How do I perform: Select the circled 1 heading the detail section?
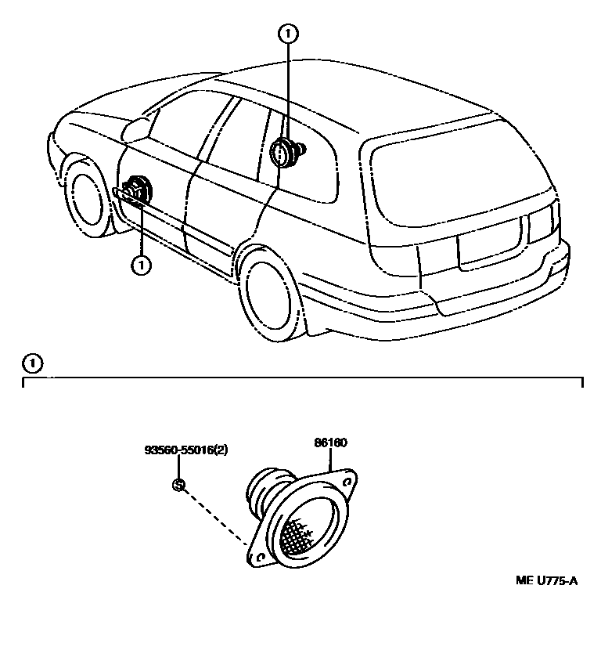pyautogui.click(x=31, y=363)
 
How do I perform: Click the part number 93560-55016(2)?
pyautogui.click(x=186, y=451)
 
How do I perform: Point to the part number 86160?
pyautogui.click(x=330, y=443)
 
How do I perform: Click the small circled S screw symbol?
pyautogui.click(x=178, y=485)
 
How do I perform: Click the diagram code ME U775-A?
pyautogui.click(x=546, y=580)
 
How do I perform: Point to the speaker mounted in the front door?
pyautogui.click(x=136, y=190)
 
